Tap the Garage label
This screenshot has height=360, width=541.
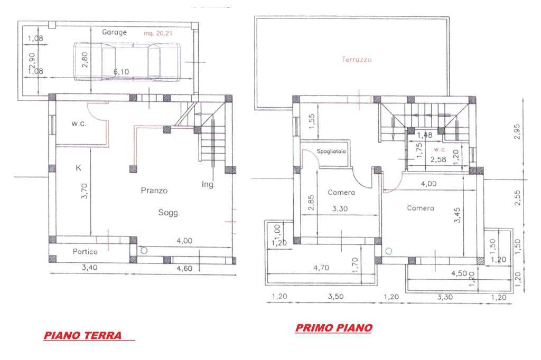(x=115, y=32)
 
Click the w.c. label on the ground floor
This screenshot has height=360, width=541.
(x=79, y=124)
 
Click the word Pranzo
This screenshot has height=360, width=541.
(x=154, y=190)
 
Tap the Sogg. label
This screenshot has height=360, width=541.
(x=170, y=213)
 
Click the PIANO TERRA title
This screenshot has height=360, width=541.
(x=83, y=335)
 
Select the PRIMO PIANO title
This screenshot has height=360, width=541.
(x=333, y=328)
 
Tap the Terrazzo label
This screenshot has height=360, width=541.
(x=357, y=60)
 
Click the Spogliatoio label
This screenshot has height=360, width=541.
(x=332, y=151)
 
